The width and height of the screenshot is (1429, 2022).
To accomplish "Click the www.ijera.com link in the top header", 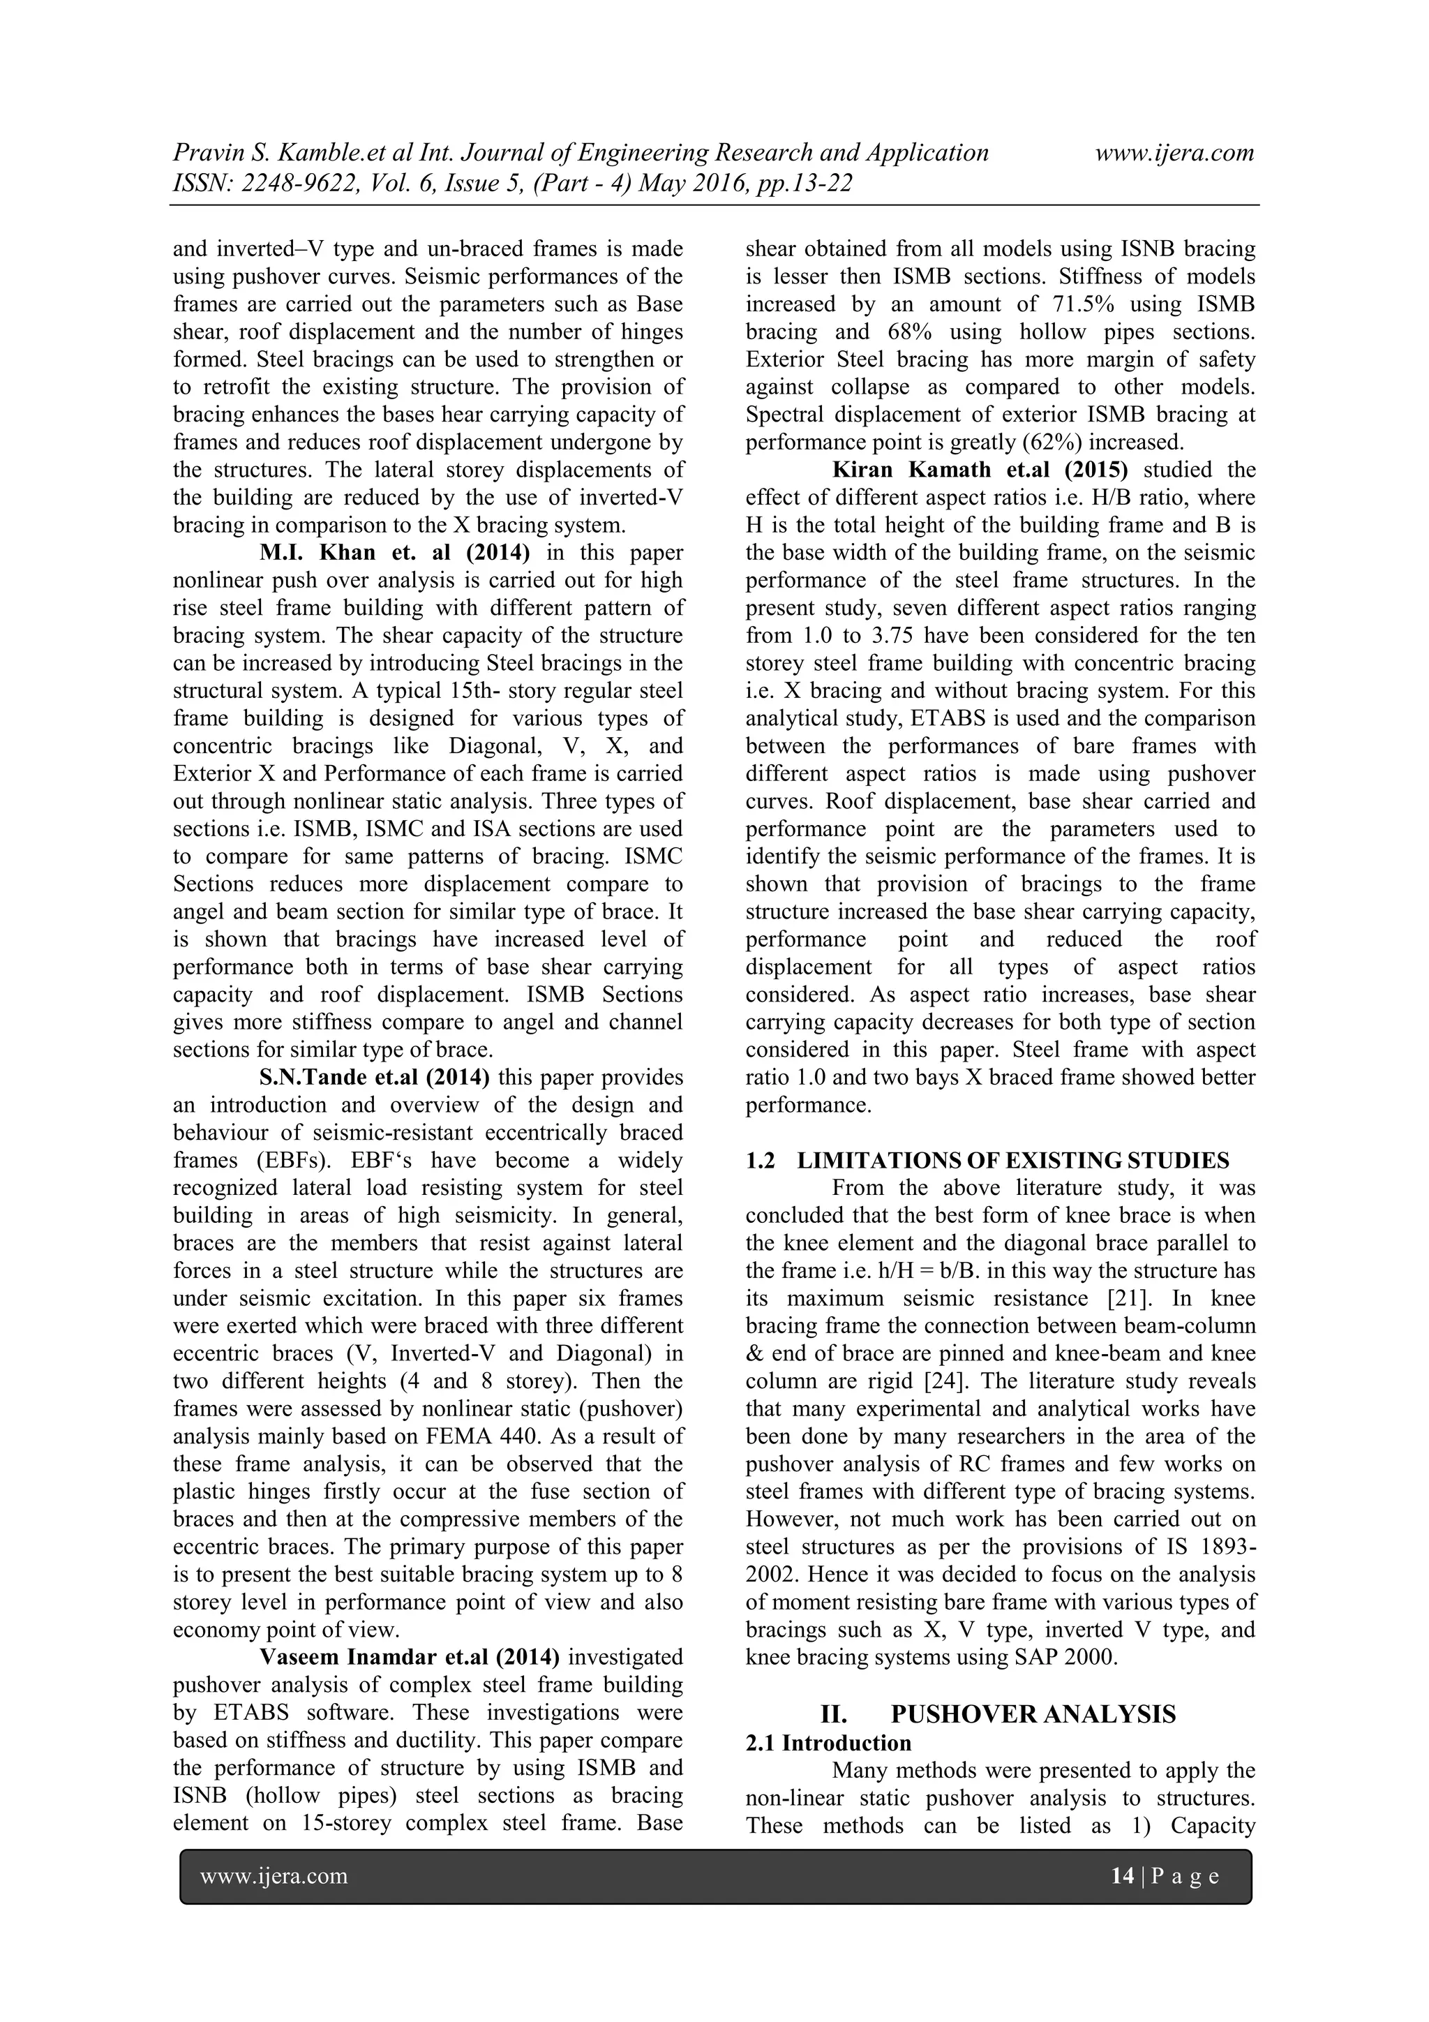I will tap(1174, 154).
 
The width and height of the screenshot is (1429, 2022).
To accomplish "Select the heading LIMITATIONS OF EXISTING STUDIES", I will tap(1012, 1161).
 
